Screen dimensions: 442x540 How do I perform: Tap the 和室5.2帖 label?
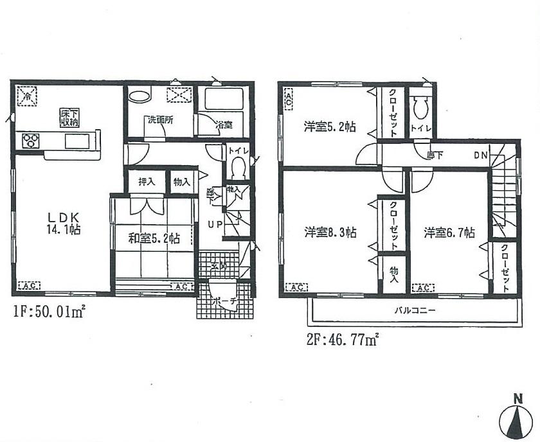pos(154,239)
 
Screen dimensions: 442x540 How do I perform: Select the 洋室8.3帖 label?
pos(331,232)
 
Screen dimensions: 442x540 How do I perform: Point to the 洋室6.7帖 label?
pos(449,232)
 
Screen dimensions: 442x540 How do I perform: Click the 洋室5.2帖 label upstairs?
pos(330,127)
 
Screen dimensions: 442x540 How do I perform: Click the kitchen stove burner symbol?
pos(31,140)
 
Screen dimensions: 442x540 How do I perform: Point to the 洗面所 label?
pos(159,119)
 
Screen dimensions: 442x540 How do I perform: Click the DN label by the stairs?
pos(481,155)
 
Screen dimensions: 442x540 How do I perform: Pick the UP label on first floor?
pos(214,224)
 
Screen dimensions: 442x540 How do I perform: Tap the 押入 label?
pos(147,182)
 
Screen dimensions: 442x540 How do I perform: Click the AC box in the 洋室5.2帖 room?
pos(288,100)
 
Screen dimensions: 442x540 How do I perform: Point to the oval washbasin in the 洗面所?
pos(139,96)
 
